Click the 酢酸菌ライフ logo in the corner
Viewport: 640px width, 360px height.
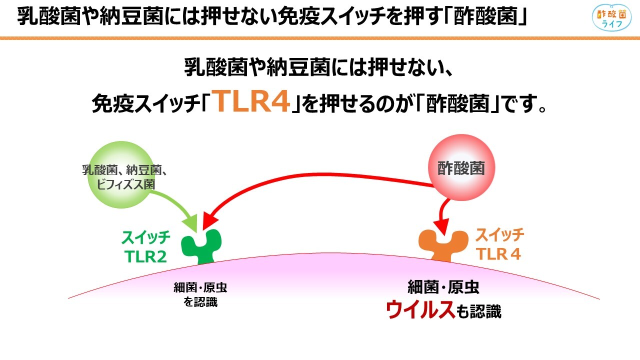pos(611,17)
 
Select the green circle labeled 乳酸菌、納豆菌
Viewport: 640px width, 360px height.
pos(121,174)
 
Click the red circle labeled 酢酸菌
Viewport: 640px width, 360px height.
pos(461,167)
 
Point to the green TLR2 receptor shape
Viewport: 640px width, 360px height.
pos(201,246)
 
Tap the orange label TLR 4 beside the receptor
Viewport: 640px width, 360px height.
pos(498,253)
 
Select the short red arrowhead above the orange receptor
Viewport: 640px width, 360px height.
pos(441,227)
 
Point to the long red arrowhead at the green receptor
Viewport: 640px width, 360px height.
pos(209,221)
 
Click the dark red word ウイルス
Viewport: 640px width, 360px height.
pos(420,310)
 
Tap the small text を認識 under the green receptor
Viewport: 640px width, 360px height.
pos(200,302)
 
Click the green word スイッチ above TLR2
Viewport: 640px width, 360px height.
pos(146,237)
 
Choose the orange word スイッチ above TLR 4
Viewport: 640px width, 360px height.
pos(499,235)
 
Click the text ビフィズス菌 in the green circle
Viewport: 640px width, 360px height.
pos(125,184)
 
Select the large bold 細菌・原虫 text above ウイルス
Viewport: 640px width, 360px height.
pos(443,287)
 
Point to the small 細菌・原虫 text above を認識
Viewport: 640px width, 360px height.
pos(200,287)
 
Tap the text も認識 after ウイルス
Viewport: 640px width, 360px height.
pos(478,311)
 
